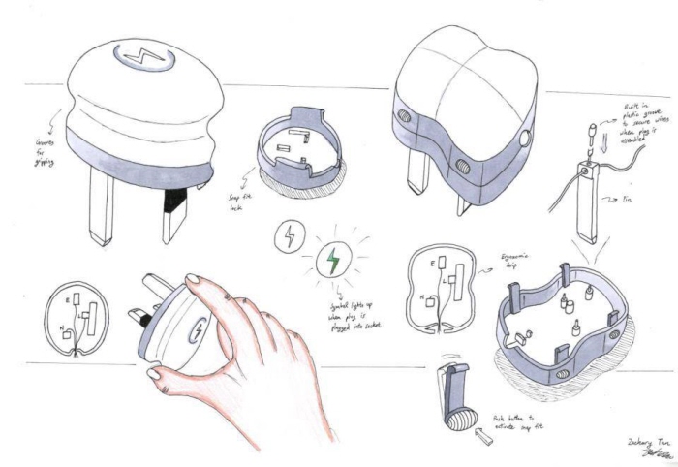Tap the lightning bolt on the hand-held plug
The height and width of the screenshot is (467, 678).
click(x=200, y=328)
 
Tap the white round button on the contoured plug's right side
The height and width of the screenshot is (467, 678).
click(x=527, y=139)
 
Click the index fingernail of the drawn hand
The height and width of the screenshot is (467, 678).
click(x=191, y=282)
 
